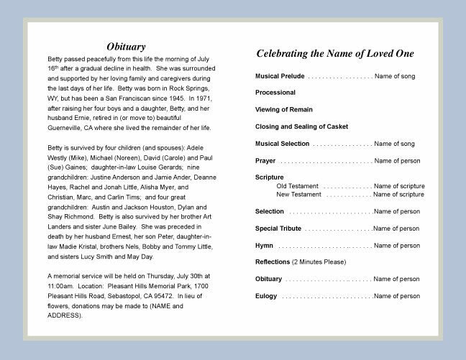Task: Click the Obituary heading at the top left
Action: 126,47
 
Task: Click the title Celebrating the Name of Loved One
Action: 334,53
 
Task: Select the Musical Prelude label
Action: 280,75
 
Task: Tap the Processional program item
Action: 275,93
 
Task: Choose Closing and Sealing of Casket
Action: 301,126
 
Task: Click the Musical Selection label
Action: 283,144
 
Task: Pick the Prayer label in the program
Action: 265,160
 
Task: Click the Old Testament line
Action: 297,186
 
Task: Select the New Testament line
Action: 298,194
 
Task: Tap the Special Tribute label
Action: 278,229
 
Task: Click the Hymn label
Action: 264,246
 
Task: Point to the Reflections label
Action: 273,262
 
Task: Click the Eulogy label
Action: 267,296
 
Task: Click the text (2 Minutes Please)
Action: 319,262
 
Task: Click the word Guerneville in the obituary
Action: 66,127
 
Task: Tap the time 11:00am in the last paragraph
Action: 62,286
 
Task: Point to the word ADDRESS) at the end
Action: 65,315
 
